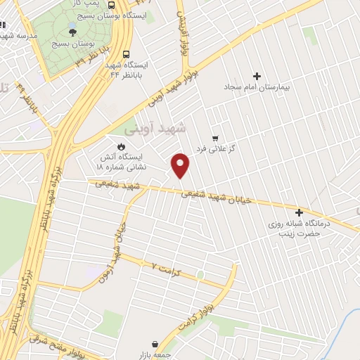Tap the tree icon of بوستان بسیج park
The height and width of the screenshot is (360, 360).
tap(73, 31)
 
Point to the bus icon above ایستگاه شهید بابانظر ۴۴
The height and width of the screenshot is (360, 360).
tap(126, 53)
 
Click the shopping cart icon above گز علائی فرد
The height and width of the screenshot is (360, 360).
tap(215, 139)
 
